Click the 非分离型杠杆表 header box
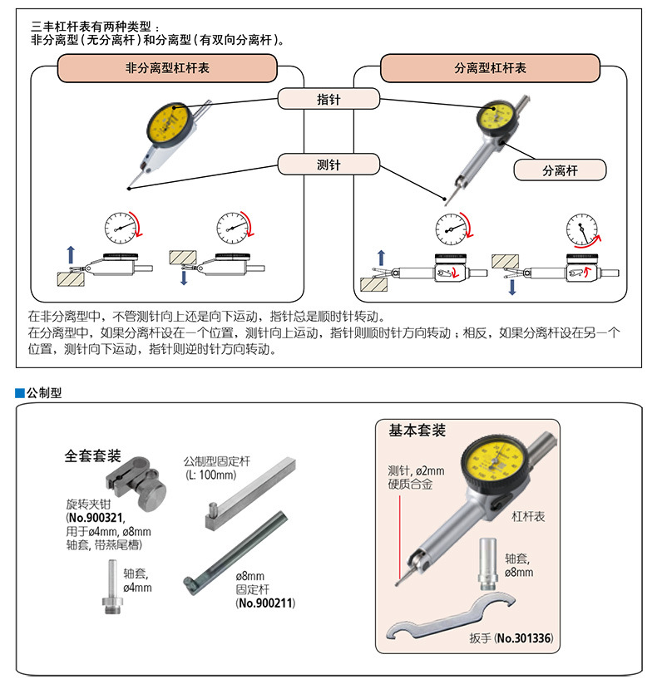(166, 68)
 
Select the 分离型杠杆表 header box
(490, 68)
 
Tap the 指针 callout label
(328, 99)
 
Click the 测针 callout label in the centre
(328, 165)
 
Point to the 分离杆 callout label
(560, 170)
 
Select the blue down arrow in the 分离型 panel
(512, 285)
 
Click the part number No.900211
(267, 602)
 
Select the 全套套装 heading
(92, 456)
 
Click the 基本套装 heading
(417, 431)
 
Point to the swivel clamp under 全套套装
(138, 483)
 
